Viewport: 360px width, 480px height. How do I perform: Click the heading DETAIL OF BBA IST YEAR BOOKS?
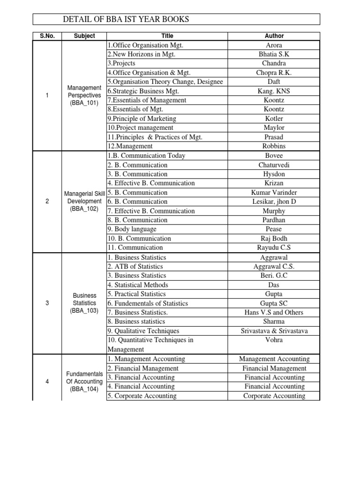pos(127,19)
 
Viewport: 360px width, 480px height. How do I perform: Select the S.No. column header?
pos(47,36)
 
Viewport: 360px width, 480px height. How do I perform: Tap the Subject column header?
pos(84,36)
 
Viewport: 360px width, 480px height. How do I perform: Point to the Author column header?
pos(274,36)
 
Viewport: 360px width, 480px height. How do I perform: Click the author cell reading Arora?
pos(274,45)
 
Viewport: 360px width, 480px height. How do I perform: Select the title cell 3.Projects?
pos(121,63)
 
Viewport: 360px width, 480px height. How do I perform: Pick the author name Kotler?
pos(274,119)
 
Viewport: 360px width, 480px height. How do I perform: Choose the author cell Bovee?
pos(274,156)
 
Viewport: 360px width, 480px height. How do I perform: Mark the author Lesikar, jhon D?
pos(274,202)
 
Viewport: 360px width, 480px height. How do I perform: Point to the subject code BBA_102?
pos(84,209)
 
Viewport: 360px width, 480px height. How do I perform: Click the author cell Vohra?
pos(274,340)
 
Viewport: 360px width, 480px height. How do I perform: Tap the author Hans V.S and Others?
pos(274,313)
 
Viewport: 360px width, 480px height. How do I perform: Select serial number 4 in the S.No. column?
pos(47,382)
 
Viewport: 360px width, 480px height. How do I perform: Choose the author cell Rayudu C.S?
pos(274,247)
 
